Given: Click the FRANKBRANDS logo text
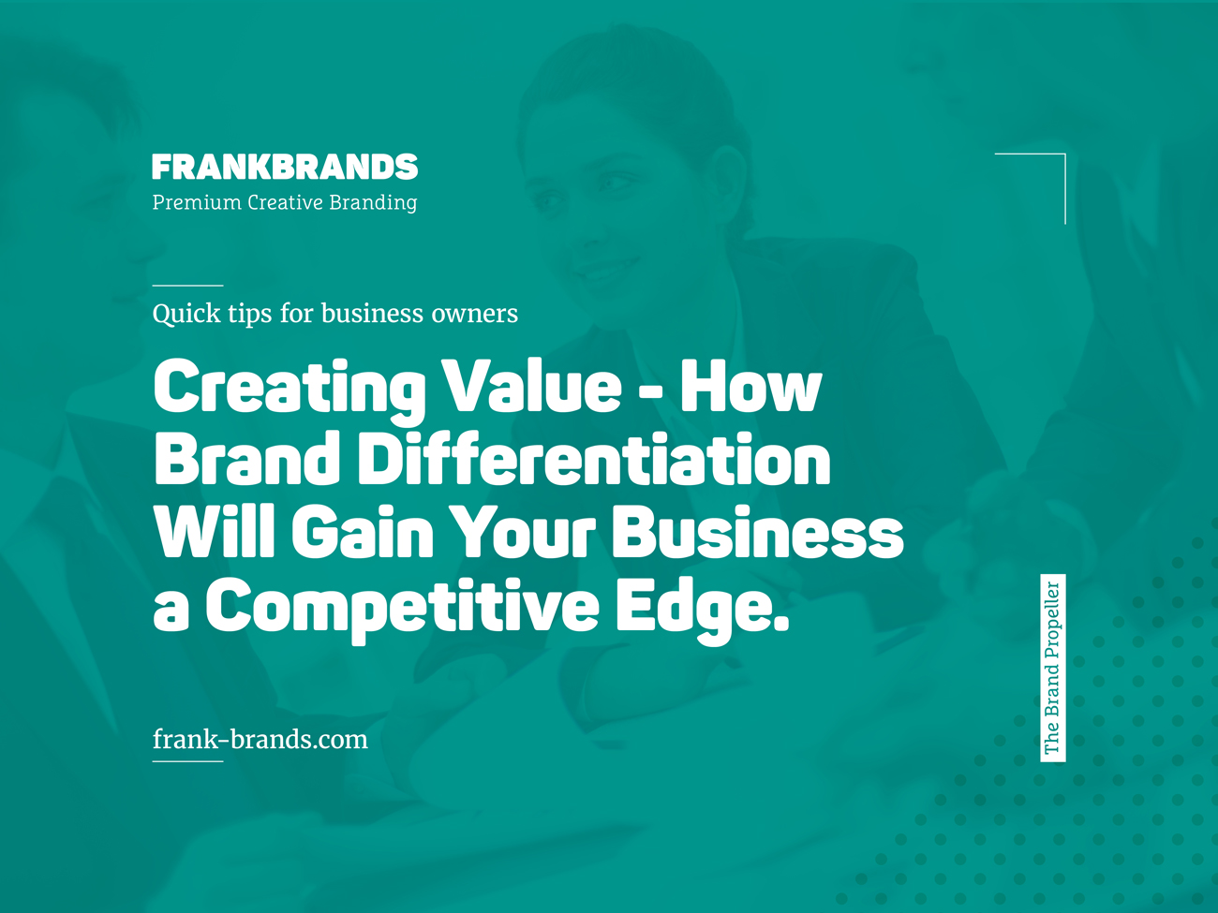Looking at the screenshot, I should tap(285, 168).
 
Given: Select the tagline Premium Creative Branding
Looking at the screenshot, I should tap(285, 202).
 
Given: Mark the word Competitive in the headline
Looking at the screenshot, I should tap(402, 606).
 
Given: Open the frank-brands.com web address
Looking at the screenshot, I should tap(260, 740).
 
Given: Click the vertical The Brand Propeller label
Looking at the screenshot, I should tap(1053, 668).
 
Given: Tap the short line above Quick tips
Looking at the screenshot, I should tap(187, 285).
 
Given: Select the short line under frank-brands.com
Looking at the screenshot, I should tap(187, 761).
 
